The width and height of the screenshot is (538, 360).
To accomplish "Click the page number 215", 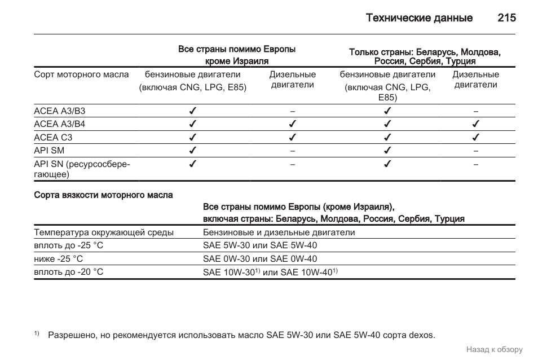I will (x=506, y=18).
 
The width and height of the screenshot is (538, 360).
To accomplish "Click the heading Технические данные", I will (x=419, y=18).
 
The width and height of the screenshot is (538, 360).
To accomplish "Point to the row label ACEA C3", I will (x=53, y=137).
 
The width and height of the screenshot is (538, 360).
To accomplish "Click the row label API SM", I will (x=49, y=151).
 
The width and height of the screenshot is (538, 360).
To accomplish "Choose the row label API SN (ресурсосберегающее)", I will (x=82, y=169).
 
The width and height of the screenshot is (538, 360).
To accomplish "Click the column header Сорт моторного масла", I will (x=81, y=74).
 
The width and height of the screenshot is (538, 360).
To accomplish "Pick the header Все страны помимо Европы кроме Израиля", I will (x=237, y=55).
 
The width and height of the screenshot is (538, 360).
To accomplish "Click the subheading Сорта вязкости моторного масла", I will (x=103, y=195).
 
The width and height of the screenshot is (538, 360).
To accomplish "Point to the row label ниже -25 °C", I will (x=58, y=259).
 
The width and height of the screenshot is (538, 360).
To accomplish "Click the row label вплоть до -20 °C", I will (x=68, y=272).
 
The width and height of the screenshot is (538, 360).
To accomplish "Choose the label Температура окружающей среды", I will (x=104, y=232).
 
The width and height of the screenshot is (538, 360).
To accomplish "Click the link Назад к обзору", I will (x=494, y=350).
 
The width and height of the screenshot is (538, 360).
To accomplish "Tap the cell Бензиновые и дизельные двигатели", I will (x=279, y=232).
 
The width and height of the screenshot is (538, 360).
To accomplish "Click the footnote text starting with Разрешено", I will (x=241, y=335).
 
